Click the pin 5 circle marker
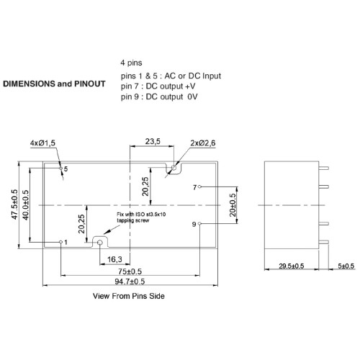(x=60, y=168)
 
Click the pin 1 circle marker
(x=61, y=242)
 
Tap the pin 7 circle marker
(x=199, y=186)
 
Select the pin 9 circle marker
(x=199, y=224)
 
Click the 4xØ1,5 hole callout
(x=42, y=143)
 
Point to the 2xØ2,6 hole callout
(x=203, y=143)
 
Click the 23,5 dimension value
(x=153, y=141)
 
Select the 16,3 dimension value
(x=114, y=259)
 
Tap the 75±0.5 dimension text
(x=130, y=271)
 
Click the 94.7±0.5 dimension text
(x=130, y=282)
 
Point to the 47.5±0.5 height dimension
(x=14, y=204)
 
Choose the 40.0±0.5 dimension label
(x=25, y=205)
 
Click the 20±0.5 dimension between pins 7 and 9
(x=233, y=205)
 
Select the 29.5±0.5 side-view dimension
(x=292, y=266)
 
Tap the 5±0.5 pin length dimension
(x=346, y=266)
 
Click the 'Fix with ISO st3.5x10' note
(x=141, y=215)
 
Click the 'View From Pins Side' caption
(x=129, y=296)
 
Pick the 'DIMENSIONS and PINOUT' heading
(x=54, y=84)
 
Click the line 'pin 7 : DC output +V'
(x=158, y=86)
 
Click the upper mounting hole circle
(x=174, y=167)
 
